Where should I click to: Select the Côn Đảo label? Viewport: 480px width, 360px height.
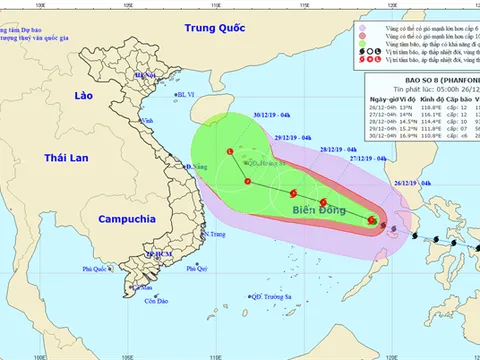pyautogui.click(x=154, y=301)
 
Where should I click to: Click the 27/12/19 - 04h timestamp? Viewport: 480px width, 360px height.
pyautogui.click(x=367, y=158)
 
